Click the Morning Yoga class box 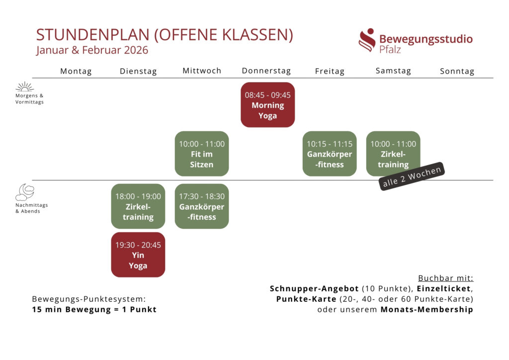tap(267, 105)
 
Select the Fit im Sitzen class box tap(202, 154)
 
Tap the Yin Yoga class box tap(138, 255)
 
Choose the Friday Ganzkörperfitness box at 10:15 tap(330, 154)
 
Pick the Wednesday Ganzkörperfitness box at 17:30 tap(202, 206)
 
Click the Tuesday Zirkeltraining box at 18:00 tap(138, 206)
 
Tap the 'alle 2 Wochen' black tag tap(412, 177)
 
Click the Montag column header tap(76, 71)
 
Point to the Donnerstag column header tap(266, 71)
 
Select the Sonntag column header tap(457, 71)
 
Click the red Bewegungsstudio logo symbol tap(367, 40)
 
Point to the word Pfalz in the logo tap(390, 50)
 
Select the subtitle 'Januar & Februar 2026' tap(92, 50)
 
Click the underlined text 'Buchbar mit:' tap(445, 278)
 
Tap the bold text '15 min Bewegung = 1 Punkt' tap(94, 309)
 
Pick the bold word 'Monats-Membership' tap(426, 309)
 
